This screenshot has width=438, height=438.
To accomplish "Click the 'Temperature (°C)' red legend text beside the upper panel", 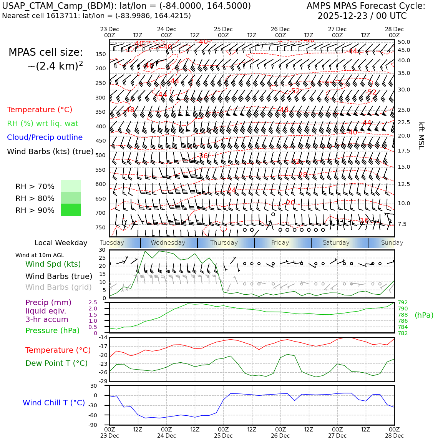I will (40, 110).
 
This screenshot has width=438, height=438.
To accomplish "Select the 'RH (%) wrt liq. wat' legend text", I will (43, 124).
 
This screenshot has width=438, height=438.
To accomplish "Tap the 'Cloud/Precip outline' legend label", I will (45, 138).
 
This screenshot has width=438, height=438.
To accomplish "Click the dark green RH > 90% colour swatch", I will (71, 210).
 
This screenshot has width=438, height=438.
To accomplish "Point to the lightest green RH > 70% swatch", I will (71, 186).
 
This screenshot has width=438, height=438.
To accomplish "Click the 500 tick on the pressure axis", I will (100, 156).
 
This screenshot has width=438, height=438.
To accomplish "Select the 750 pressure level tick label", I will (100, 227).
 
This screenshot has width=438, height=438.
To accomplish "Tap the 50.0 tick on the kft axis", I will (404, 42).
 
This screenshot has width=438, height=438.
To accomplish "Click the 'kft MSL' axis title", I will (421, 136).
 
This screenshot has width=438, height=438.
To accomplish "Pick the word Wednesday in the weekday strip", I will (168, 243).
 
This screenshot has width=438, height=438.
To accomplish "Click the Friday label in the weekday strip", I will (280, 243).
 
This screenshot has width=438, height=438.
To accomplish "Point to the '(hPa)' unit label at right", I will (424, 315).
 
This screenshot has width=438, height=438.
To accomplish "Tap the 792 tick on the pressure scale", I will (403, 303).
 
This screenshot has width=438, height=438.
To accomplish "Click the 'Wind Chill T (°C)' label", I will (54, 403).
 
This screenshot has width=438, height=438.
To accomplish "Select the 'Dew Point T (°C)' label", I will (56, 363).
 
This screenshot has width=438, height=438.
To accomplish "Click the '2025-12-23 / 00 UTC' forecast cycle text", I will (362, 16).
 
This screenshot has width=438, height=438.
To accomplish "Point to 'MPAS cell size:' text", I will (46, 53).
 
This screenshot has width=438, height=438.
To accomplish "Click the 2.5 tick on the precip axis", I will (93, 303).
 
